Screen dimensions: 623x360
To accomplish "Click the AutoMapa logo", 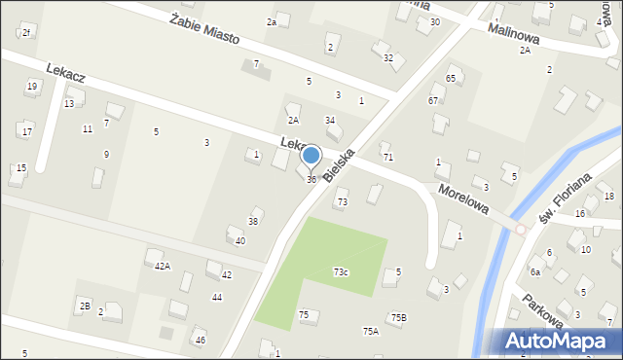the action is point(559,341).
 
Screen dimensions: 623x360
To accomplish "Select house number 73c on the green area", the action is point(341,271).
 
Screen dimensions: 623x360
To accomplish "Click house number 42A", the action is point(163,266).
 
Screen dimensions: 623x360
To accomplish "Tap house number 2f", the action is point(26,33).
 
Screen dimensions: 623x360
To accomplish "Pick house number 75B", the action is point(398,317).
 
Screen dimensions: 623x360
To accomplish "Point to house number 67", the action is point(432,100).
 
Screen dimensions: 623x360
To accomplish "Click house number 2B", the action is point(85,306).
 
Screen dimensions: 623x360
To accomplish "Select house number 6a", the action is point(534,271).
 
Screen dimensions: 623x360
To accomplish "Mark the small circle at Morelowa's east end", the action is point(520,230).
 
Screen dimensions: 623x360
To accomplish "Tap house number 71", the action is point(387,157).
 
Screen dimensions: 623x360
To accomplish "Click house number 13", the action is point(68,103).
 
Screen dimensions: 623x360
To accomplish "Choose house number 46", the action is point(200,341).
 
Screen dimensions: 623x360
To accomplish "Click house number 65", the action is point(451,78).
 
